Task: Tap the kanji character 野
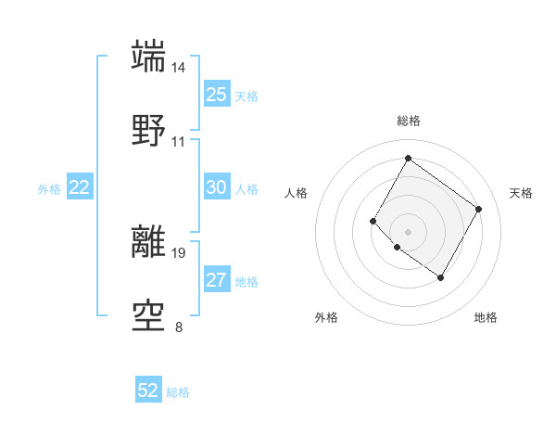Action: coord(149,131)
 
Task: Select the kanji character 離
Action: coord(149,241)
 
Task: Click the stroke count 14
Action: coord(179,68)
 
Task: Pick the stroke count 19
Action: coord(179,252)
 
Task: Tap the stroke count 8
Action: coord(179,327)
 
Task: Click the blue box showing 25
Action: coord(216,95)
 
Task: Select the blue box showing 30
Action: coord(216,187)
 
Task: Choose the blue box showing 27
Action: coord(216,280)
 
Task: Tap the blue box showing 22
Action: coord(80,187)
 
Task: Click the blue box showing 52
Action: coord(148,391)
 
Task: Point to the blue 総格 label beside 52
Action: coord(178,392)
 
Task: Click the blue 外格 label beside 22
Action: coord(49,189)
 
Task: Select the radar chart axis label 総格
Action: coord(408,121)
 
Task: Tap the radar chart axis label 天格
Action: coord(522,193)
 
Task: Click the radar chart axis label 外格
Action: coord(326,317)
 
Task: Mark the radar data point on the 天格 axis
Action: coord(478,209)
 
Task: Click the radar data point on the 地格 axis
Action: coord(440,277)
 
